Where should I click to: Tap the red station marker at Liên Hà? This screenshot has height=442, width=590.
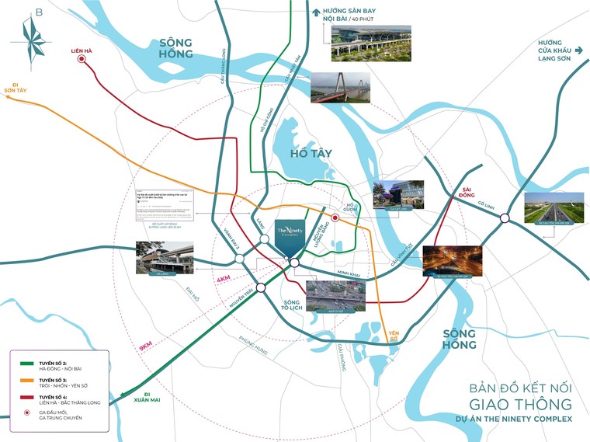(82, 68)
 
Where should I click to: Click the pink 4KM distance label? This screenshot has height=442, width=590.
(224, 278)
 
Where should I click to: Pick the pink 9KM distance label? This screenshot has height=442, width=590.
(146, 348)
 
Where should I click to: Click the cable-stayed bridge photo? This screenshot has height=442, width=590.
(340, 88)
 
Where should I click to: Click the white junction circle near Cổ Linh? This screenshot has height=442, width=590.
(505, 218)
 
